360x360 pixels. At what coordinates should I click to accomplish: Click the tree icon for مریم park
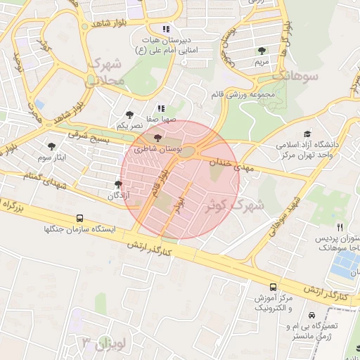coord(262,51)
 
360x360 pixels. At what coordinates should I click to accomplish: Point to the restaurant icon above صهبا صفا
coord(161,109)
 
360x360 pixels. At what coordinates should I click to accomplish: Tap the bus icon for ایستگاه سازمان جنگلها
coord(80,218)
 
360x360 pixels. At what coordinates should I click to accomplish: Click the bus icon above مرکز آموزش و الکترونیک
coord(273,287)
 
